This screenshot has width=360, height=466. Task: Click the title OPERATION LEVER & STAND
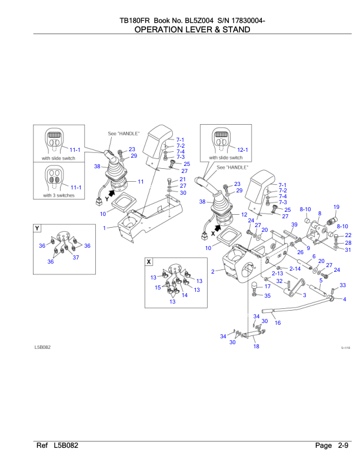pyautogui.click(x=180, y=29)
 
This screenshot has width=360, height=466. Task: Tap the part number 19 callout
pyautogui.click(x=336, y=207)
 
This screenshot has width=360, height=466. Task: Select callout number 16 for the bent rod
pyautogui.click(x=278, y=322)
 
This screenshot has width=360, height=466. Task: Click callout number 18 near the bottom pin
pyautogui.click(x=256, y=347)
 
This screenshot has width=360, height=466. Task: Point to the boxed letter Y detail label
pyautogui.click(x=38, y=228)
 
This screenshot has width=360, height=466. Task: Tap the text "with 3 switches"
pyautogui.click(x=58, y=195)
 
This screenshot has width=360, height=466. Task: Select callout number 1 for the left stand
pyautogui.click(x=104, y=227)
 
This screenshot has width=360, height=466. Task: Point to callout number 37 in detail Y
pyautogui.click(x=75, y=257)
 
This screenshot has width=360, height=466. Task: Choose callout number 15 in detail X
pyautogui.click(x=158, y=288)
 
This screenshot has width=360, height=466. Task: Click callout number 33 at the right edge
pyautogui.click(x=343, y=285)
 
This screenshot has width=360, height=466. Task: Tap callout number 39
pyautogui.click(x=294, y=225)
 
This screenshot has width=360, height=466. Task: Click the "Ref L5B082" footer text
pyautogui.click(x=58, y=446)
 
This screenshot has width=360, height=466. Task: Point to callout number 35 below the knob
pyautogui.click(x=267, y=295)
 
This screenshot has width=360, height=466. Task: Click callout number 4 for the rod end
pyautogui.click(x=345, y=299)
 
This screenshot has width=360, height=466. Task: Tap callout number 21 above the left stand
pyautogui.click(x=183, y=179)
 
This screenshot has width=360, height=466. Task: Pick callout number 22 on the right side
pyautogui.click(x=348, y=235)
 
